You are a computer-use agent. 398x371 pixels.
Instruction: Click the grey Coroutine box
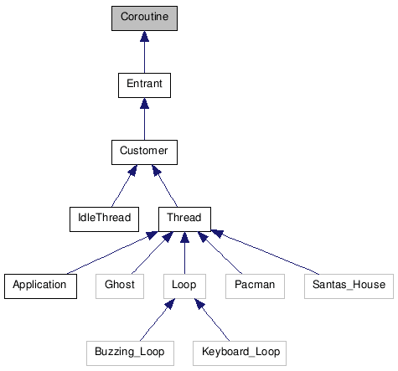click(x=144, y=18)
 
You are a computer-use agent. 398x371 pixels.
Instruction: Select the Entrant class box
click(x=144, y=85)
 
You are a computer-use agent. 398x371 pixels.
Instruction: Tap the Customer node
click(x=144, y=152)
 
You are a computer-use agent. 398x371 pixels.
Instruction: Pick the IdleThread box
click(x=100, y=218)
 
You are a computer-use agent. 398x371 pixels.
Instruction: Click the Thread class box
click(x=183, y=218)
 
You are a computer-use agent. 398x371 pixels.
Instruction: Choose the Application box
click(x=39, y=285)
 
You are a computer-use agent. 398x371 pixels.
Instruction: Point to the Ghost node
click(x=120, y=285)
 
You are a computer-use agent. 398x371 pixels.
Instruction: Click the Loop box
click(x=183, y=285)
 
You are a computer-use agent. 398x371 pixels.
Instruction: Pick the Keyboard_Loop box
click(x=240, y=352)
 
